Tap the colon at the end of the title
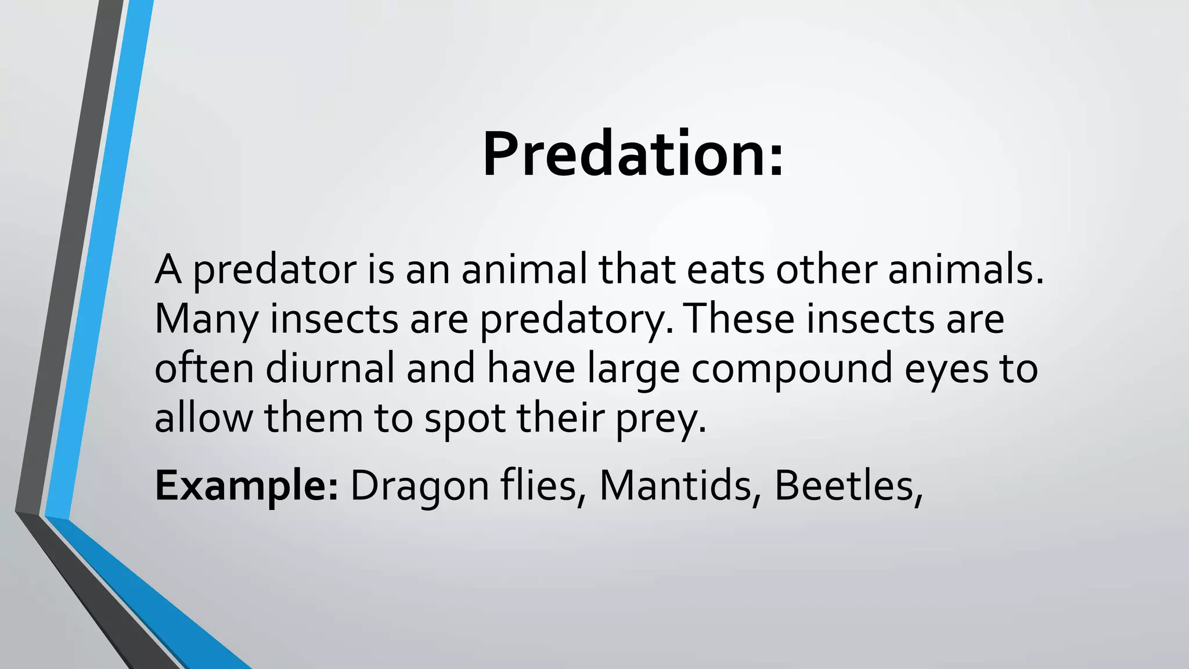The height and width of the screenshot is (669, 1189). click(x=777, y=161)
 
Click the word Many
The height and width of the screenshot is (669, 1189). click(x=206, y=319)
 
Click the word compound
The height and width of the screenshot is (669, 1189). click(x=791, y=369)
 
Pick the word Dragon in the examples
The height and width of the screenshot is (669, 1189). click(x=420, y=486)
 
